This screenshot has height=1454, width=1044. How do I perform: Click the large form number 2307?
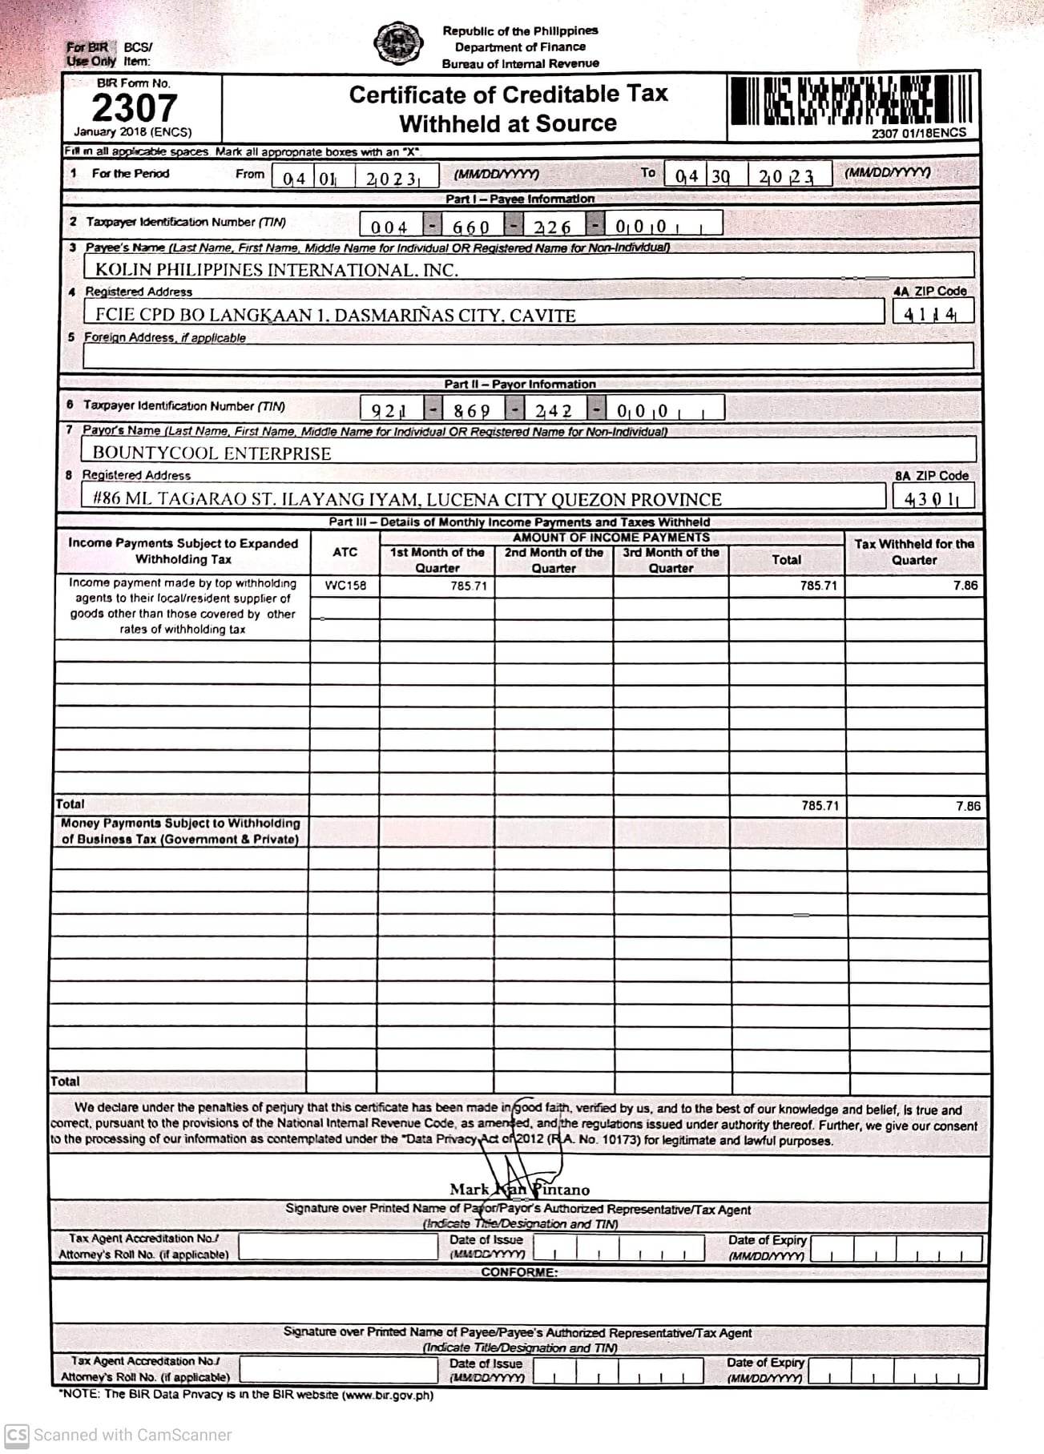134,108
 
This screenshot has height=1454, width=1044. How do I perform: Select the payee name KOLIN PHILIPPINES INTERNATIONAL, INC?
276,270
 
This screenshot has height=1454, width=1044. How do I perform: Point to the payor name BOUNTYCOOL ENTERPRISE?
212,453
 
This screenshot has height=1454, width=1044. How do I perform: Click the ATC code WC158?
345,586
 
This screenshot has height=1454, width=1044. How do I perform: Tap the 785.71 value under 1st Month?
469,586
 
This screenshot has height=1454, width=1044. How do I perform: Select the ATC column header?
345,552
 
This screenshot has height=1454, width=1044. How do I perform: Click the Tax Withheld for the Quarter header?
914,552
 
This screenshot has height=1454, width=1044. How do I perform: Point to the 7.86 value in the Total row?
967,806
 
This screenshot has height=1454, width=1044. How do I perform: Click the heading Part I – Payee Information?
520,199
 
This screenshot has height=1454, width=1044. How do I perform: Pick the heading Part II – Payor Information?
520,385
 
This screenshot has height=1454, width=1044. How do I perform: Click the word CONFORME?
518,1272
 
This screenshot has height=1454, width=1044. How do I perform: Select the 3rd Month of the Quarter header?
671,560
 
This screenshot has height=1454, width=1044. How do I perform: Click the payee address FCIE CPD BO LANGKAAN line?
335,316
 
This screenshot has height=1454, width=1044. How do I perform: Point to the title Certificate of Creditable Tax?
508,95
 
